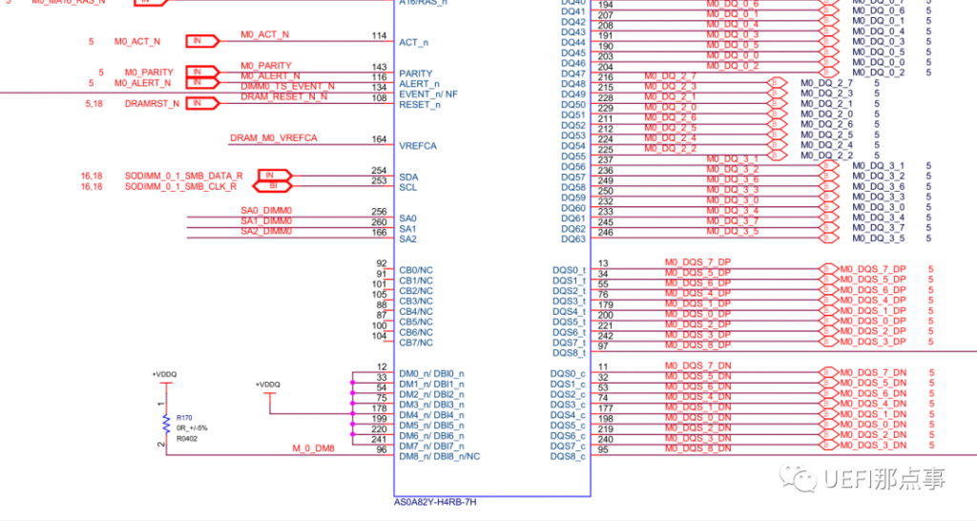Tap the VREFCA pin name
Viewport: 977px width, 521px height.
pos(418,146)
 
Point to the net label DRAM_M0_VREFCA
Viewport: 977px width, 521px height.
pos(273,138)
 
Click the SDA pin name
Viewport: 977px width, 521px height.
pos(408,177)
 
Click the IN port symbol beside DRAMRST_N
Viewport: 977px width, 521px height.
pos(197,103)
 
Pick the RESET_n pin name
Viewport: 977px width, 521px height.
pos(420,104)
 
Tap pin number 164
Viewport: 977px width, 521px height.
pos(379,140)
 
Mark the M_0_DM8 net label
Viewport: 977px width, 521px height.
pos(314,448)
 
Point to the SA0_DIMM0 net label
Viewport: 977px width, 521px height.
pos(266,211)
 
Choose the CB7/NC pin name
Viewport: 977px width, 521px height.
pos(416,343)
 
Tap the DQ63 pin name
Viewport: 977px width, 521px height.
pos(573,240)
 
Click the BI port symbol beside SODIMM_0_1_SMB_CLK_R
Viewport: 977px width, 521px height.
pos(272,187)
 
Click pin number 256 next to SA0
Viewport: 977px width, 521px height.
pos(379,212)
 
